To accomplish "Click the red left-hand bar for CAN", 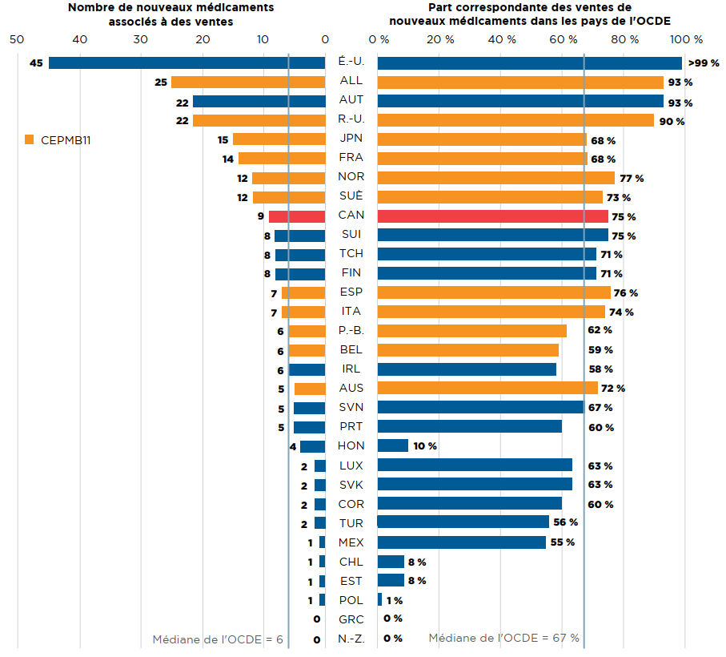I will point(297,216).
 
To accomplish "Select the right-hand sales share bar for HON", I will point(392,445).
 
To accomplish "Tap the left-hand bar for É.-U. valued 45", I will point(187,62).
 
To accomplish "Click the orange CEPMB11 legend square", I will point(30,139).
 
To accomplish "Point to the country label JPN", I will point(351,139).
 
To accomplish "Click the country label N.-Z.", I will point(351,639).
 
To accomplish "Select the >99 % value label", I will point(703,62).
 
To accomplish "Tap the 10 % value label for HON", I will point(425,445).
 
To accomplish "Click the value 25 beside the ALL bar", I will point(161,83).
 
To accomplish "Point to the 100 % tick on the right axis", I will point(686,38).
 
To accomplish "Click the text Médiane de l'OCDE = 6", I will point(218,639).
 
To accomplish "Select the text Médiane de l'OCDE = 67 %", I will point(503,639).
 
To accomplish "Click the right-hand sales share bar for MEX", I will point(461,542).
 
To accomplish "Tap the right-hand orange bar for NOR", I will point(495,178).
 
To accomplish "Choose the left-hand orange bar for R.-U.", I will point(259,121).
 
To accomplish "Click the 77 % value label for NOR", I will point(632,179).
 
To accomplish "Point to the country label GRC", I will point(351,619).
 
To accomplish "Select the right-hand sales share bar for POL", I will point(379,599).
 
